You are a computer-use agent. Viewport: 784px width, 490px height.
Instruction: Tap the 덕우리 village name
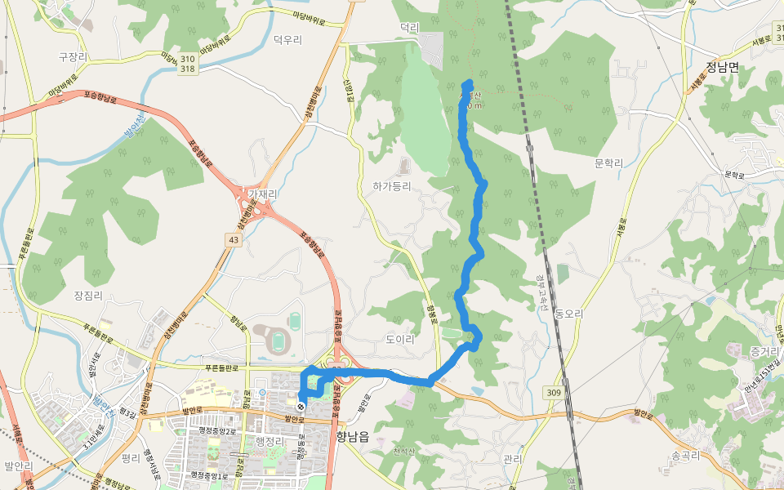(287, 39)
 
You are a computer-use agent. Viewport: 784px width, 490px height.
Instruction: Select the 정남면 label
(722, 67)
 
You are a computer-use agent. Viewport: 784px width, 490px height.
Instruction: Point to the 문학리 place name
(608, 163)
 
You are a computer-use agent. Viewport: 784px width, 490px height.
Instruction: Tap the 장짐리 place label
(88, 295)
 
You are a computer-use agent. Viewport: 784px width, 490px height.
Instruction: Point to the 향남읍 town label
(352, 437)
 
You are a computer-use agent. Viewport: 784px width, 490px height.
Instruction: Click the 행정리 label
(268, 441)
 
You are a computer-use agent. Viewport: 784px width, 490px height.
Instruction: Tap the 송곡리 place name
(686, 456)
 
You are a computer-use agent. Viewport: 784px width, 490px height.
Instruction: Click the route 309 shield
(554, 394)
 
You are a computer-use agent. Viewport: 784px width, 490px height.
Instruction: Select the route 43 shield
(234, 238)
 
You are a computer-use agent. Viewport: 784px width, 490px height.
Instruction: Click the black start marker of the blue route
(301, 406)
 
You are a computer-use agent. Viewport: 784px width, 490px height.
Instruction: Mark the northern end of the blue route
(468, 82)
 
